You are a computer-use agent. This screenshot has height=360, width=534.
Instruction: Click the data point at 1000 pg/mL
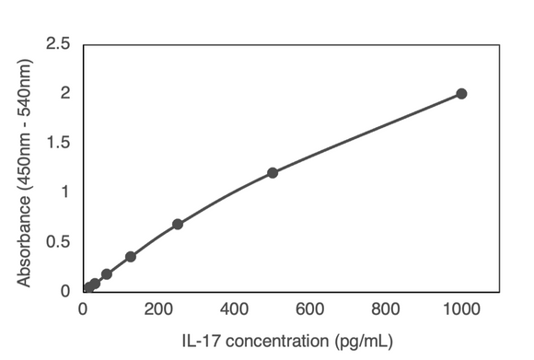tap(461, 93)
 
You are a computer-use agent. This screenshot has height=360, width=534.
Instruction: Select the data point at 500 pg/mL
tap(273, 172)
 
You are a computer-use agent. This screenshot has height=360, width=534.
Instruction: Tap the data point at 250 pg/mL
tap(178, 224)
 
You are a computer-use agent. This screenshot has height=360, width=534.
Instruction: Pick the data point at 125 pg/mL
tap(131, 256)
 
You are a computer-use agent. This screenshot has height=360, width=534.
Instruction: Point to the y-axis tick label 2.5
tap(59, 43)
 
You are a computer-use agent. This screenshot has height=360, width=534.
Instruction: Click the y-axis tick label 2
tap(64, 93)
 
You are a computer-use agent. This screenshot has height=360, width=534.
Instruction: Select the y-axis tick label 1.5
tap(59, 143)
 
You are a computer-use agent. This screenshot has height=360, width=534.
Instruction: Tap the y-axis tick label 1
tap(64, 192)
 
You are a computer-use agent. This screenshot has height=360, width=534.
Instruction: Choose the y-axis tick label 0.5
tap(59, 241)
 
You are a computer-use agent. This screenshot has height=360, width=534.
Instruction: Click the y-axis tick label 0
tap(64, 291)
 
